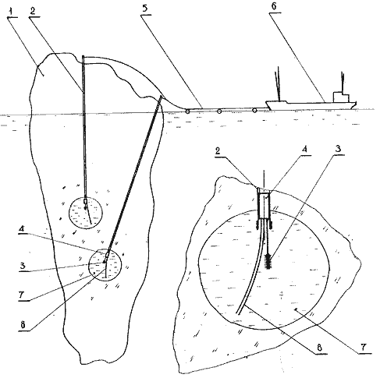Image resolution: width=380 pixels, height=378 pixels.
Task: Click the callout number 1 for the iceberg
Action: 11,12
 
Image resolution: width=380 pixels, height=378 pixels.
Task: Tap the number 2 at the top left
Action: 33,11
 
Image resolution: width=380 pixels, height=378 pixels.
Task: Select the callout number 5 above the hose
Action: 145,8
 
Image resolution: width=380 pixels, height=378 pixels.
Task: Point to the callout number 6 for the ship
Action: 273,6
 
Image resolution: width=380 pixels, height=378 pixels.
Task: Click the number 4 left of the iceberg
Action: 22,229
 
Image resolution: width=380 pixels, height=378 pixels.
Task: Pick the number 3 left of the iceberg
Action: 23,266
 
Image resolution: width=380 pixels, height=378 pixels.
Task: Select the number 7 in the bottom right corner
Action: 364,347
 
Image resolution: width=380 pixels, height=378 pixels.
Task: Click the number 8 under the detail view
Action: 320,348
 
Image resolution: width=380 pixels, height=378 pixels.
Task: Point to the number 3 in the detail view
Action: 338,149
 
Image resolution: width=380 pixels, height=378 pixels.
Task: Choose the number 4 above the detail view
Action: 304,150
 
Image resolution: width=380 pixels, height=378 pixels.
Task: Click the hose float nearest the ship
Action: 254,111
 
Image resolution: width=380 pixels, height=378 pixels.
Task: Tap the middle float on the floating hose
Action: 219,111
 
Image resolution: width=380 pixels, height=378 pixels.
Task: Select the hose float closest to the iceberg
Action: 187,111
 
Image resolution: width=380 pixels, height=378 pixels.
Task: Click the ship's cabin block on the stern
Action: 341,97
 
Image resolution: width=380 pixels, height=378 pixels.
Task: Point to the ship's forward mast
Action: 279,83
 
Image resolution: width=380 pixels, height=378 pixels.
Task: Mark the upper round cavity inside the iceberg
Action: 86,213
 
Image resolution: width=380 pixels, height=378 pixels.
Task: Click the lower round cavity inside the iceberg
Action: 105,265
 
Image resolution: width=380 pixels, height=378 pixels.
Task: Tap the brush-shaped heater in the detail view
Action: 268,262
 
